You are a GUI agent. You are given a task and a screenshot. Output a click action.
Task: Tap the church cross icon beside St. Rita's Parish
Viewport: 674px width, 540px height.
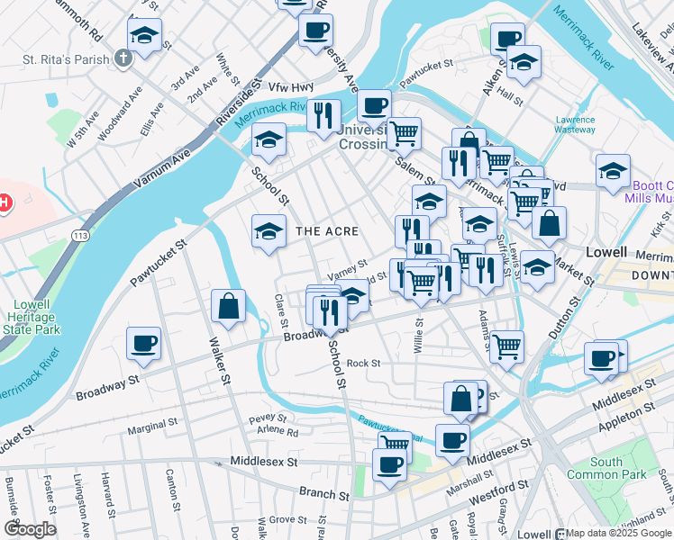123,59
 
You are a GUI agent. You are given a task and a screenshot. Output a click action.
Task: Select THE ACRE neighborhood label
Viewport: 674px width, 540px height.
327,231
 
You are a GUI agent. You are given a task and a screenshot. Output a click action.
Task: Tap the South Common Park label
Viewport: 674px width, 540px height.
594,468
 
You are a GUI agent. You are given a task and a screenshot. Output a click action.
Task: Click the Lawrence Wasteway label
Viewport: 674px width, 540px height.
575,124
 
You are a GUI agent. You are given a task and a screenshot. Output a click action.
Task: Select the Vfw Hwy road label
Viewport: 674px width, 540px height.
290,86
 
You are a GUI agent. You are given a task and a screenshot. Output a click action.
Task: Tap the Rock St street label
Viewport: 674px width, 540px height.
363,364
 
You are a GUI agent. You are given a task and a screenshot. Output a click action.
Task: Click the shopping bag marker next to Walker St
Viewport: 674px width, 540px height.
229,306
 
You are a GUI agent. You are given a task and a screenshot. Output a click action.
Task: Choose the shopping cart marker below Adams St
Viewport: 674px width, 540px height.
507,346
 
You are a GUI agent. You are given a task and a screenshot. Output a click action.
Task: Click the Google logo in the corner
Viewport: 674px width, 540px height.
29,529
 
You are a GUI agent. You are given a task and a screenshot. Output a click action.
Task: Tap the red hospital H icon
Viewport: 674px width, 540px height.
4,203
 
